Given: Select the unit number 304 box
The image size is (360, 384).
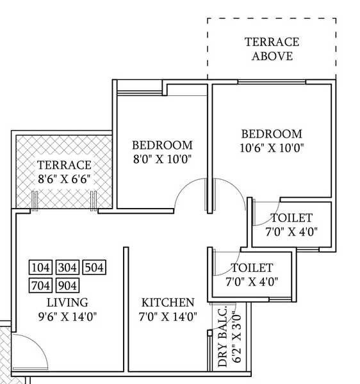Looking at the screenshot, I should click(67, 268).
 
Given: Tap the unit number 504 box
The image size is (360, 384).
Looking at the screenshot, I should click(94, 268).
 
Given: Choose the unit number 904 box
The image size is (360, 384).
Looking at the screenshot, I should click(67, 285).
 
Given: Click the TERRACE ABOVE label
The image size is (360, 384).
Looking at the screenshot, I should click(272, 49).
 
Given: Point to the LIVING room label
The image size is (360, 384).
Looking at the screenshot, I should click(67, 302).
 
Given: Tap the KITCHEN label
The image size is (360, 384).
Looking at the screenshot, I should click(168, 302).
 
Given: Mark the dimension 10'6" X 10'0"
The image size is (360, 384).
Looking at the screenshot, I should click(272, 148).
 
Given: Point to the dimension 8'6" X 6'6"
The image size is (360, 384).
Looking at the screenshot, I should click(63, 180).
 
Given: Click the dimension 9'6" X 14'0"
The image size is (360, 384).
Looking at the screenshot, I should click(67, 316).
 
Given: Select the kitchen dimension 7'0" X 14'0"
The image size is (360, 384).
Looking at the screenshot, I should click(168, 316).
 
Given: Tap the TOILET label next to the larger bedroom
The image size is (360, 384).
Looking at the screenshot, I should click(291, 218).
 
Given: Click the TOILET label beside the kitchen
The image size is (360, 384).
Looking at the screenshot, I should click(252, 268).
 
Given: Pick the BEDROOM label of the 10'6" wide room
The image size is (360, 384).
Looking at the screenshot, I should click(272, 134).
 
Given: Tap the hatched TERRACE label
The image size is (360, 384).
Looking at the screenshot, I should click(63, 165).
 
